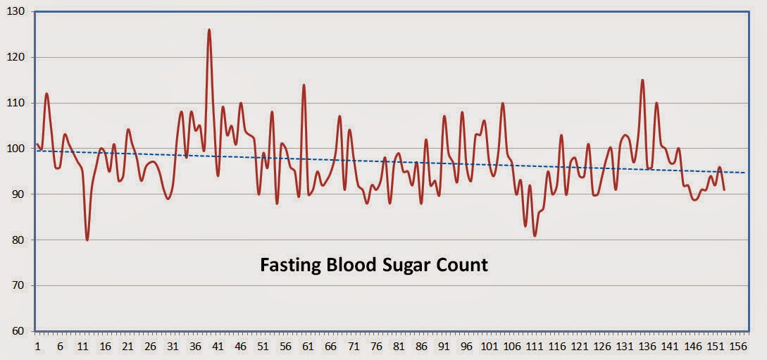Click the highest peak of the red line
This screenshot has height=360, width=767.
[209, 30]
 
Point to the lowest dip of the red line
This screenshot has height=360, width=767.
[87, 240]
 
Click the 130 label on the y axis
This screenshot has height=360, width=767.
[15, 12]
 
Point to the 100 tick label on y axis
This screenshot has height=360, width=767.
[15, 149]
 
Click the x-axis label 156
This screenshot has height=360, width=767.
[738, 347]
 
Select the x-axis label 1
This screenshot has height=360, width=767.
[37, 347]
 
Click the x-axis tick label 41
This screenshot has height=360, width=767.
[218, 347]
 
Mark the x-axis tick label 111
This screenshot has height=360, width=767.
[535, 347]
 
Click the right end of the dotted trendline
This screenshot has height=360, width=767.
[744, 173]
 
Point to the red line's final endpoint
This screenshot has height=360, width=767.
[724, 190]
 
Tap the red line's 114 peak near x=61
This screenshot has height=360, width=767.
[304, 85]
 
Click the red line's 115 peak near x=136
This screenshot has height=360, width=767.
[642, 80]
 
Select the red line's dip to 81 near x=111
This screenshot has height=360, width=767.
[535, 235]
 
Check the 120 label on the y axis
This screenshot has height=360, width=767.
[15, 57]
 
